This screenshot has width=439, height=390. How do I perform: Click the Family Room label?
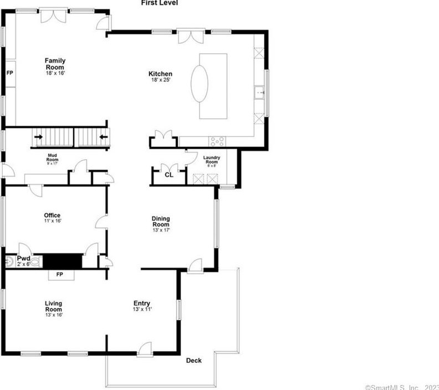(55, 64)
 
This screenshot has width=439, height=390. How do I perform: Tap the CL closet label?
(169, 175)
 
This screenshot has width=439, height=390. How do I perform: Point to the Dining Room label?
(161, 221)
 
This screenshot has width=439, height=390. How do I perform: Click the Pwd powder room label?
(23, 259)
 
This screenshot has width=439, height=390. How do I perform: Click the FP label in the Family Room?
(9, 73)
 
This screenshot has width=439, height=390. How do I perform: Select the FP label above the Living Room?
(59, 275)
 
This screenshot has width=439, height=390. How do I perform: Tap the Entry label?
(142, 306)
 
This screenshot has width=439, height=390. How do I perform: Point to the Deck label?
(193, 361)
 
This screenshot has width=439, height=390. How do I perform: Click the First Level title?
(160, 3)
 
